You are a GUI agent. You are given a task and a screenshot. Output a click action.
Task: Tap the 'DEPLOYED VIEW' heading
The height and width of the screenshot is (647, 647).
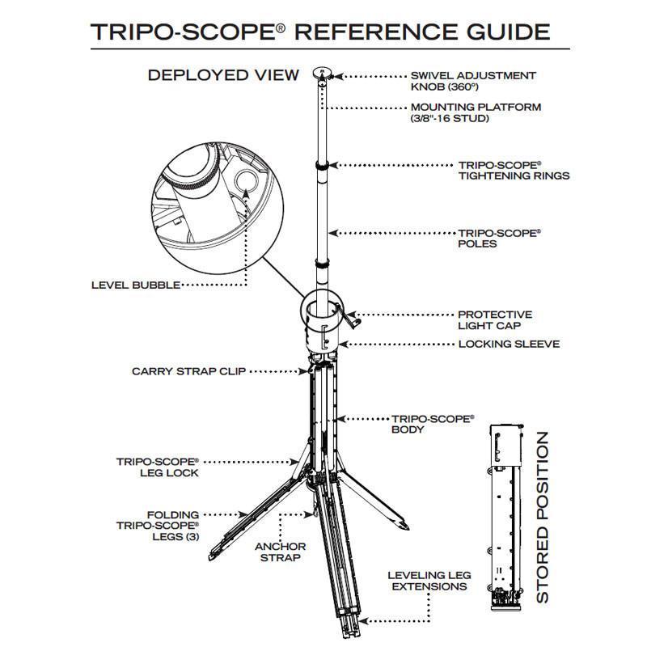coord(223,75)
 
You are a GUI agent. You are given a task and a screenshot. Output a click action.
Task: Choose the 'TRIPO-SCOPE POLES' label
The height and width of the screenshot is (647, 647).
coord(499,238)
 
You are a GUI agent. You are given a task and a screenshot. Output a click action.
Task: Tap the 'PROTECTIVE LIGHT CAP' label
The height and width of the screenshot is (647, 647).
coord(495,319)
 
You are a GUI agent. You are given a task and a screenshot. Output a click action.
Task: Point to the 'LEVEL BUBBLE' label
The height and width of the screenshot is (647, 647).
coord(135,285)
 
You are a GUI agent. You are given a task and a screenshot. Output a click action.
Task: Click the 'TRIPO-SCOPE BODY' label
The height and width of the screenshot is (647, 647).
coord(433,424)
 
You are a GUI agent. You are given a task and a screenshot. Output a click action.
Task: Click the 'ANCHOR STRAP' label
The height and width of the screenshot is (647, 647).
coord(280,552)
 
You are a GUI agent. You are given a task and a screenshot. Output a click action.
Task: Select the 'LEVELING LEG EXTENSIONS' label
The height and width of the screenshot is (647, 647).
coord(429,580)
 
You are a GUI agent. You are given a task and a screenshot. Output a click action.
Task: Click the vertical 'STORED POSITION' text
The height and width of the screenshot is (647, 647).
coord(543,517)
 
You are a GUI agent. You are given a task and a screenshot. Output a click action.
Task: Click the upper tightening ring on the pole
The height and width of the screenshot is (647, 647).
coord(323,165)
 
